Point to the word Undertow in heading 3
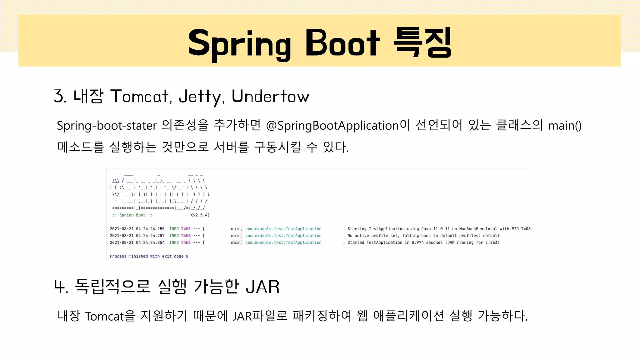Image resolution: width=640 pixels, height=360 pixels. coord(270,96)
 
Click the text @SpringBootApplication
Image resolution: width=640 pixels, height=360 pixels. coord(332,126)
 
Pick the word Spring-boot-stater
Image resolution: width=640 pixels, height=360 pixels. coord(107,126)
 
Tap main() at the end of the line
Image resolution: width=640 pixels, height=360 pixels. coord(565,126)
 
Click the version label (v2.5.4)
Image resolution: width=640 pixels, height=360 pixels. coord(200,215)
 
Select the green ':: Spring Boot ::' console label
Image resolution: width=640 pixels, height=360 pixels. coord(132,215)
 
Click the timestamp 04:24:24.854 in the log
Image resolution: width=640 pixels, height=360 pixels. coord(150,242)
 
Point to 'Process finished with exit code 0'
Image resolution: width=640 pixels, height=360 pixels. coord(149,256)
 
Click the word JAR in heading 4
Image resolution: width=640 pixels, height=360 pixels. coord(262,287)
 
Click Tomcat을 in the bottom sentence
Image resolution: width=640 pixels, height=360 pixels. coord(110,316)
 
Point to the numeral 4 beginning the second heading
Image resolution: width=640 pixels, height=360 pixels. coord(59,287)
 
